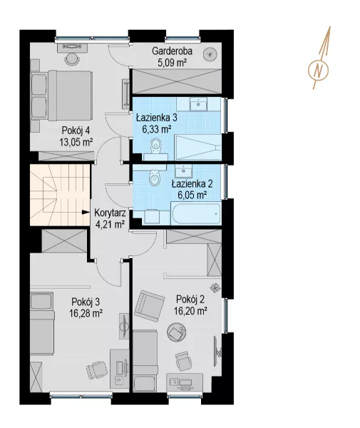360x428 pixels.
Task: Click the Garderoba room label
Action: [x=172, y=51]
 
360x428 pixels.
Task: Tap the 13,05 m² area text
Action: [x=76, y=142]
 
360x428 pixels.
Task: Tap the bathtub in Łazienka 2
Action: [x=196, y=213]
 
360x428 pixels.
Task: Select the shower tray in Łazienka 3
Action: [x=198, y=148]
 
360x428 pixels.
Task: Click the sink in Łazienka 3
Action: [x=198, y=104]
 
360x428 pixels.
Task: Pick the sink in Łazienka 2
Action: [x=184, y=170]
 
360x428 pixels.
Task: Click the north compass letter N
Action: [x=318, y=70]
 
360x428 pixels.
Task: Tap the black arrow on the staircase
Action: [x=86, y=212]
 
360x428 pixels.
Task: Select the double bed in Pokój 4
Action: [x=61, y=96]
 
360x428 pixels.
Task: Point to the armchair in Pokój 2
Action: [x=149, y=306]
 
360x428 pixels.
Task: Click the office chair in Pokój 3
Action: [x=97, y=370]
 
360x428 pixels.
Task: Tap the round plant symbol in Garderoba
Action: [x=210, y=55]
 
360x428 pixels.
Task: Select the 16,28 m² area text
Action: [x=86, y=313]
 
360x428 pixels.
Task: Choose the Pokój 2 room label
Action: [x=190, y=300]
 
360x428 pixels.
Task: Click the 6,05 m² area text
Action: [x=192, y=195]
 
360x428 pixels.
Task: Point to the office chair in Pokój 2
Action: [x=182, y=360]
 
